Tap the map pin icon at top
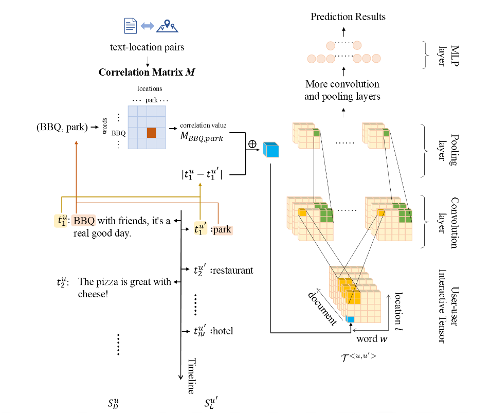(167, 26)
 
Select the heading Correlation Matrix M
(148, 71)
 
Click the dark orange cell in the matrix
(151, 132)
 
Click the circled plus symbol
(252, 144)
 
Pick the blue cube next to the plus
(270, 149)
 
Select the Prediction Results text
(348, 17)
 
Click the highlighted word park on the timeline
(222, 229)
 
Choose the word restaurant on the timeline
(232, 270)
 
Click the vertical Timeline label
(191, 375)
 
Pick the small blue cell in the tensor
(350, 319)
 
